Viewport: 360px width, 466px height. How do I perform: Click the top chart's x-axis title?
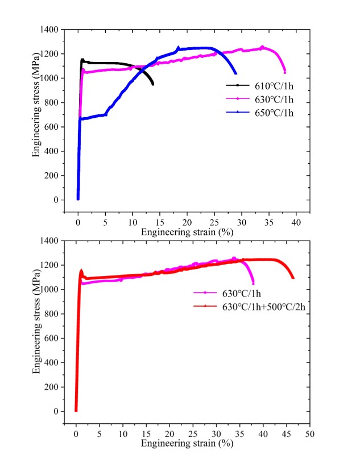[x=187, y=232]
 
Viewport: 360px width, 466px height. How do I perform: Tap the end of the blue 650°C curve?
[x=235, y=73]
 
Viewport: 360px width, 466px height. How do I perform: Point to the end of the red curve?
[x=293, y=278]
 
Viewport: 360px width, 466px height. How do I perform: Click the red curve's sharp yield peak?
[x=81, y=271]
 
